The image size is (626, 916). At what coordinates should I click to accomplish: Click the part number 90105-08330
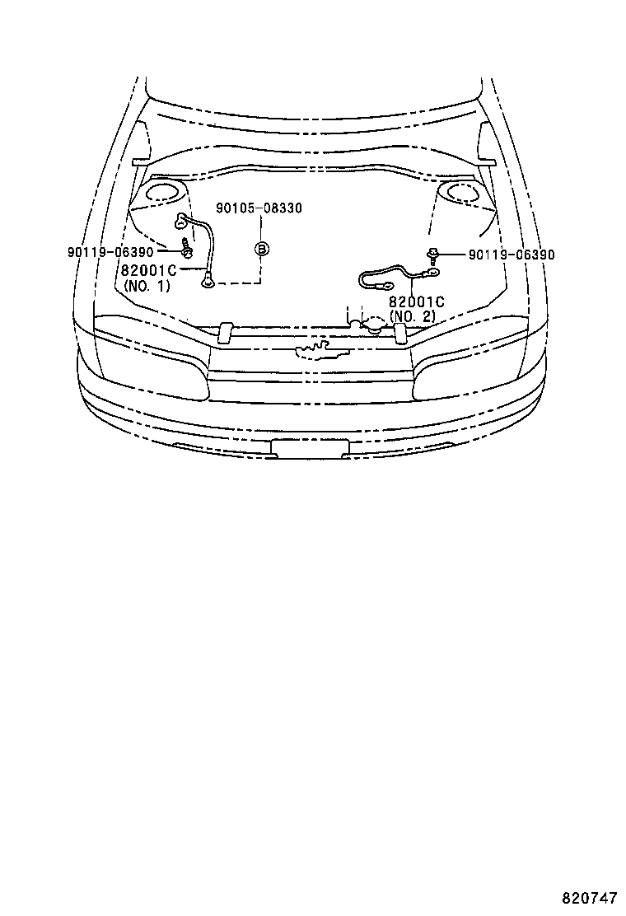[259, 208]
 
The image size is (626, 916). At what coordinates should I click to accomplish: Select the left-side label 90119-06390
[110, 252]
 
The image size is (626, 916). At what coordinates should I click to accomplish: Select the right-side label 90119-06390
[511, 255]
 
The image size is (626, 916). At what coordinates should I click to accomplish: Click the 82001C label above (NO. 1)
[149, 269]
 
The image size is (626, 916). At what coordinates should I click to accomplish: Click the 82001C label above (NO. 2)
[416, 301]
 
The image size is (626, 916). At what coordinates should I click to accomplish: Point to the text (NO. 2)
[413, 316]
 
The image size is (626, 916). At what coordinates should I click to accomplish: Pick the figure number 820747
[589, 897]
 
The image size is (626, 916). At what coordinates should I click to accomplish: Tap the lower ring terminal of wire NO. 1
[207, 281]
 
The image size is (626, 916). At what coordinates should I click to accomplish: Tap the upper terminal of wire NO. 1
[181, 221]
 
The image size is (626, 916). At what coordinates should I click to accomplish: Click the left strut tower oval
[165, 194]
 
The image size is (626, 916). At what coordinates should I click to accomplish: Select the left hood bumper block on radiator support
[223, 332]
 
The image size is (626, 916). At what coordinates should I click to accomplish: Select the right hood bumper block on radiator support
[399, 332]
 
